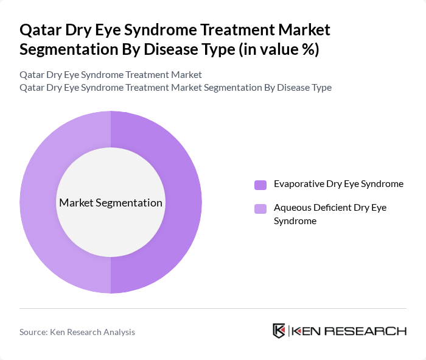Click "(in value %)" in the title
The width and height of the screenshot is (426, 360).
tap(283, 49)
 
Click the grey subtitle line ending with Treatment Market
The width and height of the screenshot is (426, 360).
tap(110, 75)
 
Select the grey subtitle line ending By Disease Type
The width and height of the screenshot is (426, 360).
tap(175, 87)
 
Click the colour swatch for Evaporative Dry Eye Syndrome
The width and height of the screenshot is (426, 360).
tap(260, 185)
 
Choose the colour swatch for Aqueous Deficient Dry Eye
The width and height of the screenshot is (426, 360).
tap(260, 209)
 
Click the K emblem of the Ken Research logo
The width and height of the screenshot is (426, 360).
tap(279, 331)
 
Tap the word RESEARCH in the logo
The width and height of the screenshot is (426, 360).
tap(372, 331)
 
